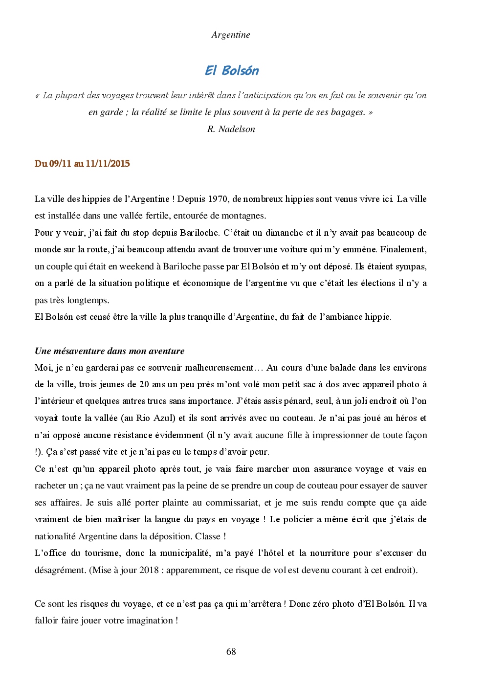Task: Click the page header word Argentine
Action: [231, 35]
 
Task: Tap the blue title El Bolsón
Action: [231, 70]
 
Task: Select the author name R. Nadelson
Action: [231, 129]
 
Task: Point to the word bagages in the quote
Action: [348, 112]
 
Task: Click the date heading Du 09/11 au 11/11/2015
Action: [82, 164]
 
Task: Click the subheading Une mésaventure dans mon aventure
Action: [110, 351]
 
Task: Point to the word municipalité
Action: [185, 553]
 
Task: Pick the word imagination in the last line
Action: [150, 620]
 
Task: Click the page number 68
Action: [231, 651]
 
